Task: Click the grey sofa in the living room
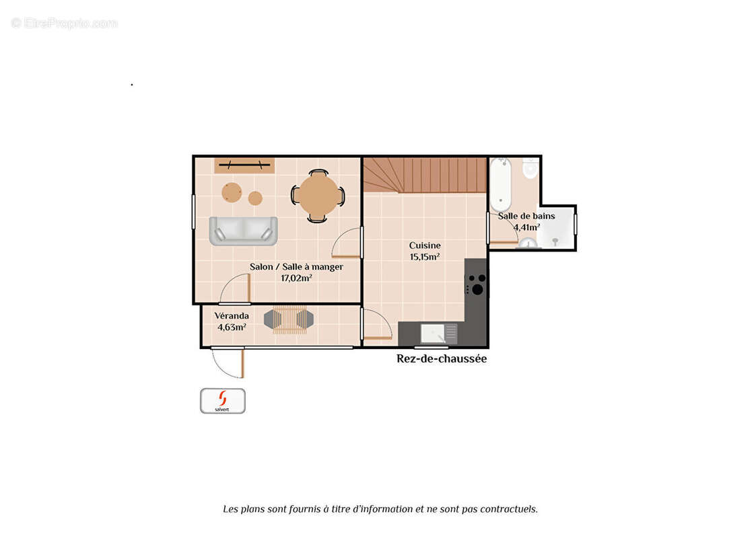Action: [243, 231]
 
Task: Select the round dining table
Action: [318, 196]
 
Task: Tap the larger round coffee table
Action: [232, 192]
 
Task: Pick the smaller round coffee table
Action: [255, 198]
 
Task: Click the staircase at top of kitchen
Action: [425, 175]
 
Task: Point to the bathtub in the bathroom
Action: [500, 184]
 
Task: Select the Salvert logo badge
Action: [223, 401]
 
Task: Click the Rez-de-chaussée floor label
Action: [441, 358]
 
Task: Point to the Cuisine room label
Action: [424, 245]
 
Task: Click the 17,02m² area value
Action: [296, 278]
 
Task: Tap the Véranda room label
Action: [232, 315]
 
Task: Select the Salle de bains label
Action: [526, 216]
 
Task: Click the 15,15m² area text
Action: [424, 257]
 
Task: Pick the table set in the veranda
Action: [289, 319]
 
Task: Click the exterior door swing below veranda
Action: [229, 362]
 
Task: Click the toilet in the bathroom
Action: [530, 168]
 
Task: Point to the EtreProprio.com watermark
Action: [64, 23]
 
